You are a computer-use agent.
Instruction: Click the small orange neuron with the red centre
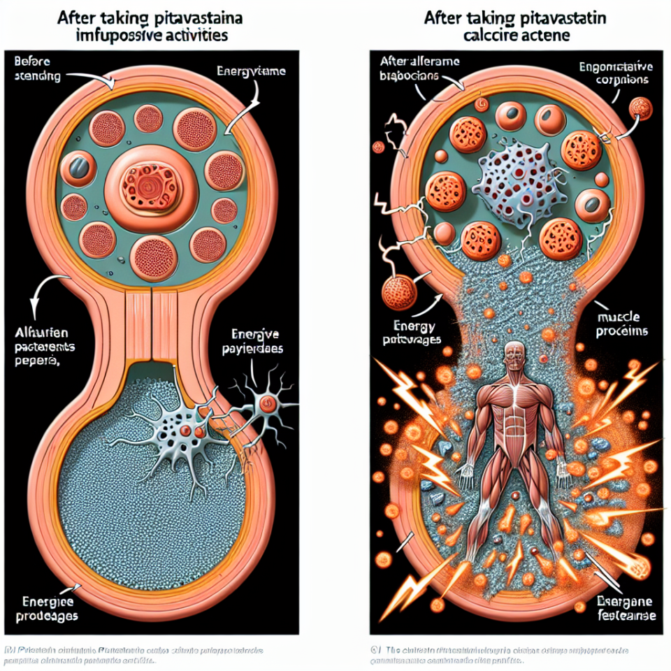(x=266, y=403)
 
